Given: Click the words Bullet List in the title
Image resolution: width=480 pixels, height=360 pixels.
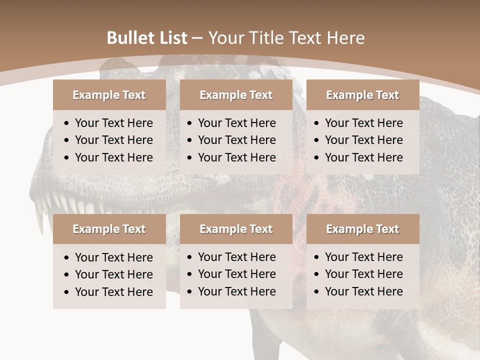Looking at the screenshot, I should [x=147, y=38].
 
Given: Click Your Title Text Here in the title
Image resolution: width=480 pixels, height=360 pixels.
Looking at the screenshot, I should [x=286, y=38].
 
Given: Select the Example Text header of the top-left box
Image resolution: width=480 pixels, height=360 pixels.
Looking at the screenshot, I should [x=109, y=95].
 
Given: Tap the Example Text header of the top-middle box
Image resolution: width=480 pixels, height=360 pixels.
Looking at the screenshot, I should [x=236, y=95].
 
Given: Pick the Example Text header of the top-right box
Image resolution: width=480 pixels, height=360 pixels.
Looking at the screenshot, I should [x=362, y=95].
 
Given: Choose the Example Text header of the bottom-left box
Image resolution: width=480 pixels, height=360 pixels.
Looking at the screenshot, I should [x=109, y=229].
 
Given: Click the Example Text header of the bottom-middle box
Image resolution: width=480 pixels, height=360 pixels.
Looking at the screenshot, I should [x=236, y=229].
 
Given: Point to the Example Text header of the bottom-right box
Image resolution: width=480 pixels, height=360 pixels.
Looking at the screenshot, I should [x=362, y=229].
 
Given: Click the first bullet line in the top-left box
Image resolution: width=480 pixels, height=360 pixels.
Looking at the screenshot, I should [x=113, y=123].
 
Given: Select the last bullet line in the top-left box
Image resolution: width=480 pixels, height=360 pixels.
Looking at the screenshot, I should [x=113, y=157].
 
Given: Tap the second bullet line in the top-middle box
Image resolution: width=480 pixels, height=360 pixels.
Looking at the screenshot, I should [x=236, y=140].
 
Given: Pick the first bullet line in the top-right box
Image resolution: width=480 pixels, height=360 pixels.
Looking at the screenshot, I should [x=363, y=123].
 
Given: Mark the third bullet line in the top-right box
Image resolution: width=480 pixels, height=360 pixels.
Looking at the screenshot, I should [x=363, y=157].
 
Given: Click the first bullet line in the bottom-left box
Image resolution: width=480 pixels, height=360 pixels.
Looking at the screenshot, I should [x=113, y=257].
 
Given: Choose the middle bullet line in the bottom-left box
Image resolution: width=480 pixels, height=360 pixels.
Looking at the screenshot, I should [x=113, y=274].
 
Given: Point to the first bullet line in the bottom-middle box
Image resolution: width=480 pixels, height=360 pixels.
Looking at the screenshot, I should [x=236, y=257].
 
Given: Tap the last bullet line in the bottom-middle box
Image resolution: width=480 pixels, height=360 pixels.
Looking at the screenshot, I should [x=236, y=291].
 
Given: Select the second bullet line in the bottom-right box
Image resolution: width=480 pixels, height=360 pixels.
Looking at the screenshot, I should [x=363, y=274].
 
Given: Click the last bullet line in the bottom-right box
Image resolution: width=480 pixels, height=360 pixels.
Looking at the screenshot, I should [x=363, y=291].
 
